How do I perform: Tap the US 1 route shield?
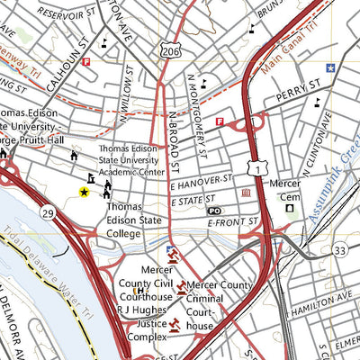pos(258,167)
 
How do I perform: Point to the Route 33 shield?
pos(338,250)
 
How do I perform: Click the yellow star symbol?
pos(85,192)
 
